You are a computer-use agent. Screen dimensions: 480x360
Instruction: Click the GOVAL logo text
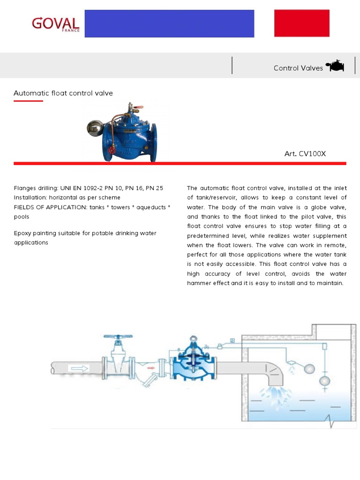(x=55, y=23)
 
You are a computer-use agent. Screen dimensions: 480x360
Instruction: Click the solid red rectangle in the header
(x=302, y=23)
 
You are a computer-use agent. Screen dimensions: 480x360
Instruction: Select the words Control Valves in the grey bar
(x=298, y=68)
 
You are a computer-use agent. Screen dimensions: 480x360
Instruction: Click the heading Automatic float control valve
(x=63, y=93)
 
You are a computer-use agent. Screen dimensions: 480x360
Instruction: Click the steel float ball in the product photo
(x=96, y=127)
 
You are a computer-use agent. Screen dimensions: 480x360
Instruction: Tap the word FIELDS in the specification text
(x=23, y=207)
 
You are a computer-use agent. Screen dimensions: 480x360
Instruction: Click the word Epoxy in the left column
(x=22, y=233)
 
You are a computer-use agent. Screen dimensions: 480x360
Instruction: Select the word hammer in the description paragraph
(x=200, y=283)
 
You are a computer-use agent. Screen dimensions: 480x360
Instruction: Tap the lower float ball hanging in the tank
(x=324, y=381)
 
